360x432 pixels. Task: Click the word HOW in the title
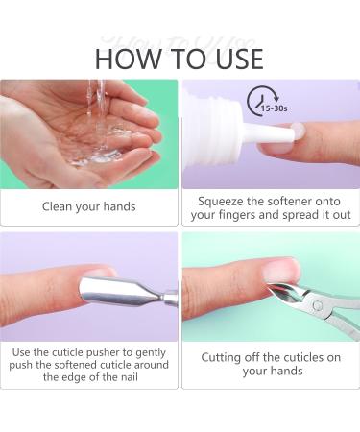click(129, 59)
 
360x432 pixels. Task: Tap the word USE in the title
click(239, 59)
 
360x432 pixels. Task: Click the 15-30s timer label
click(275, 108)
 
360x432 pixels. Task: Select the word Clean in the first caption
click(58, 206)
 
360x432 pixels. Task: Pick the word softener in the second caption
click(290, 202)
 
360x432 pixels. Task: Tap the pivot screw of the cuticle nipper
click(318, 305)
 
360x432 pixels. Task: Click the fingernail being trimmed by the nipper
click(280, 271)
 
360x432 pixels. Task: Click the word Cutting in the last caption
click(221, 358)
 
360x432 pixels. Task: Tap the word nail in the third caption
click(130, 377)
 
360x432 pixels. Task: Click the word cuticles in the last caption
click(299, 357)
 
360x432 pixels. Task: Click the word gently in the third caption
click(151, 353)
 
